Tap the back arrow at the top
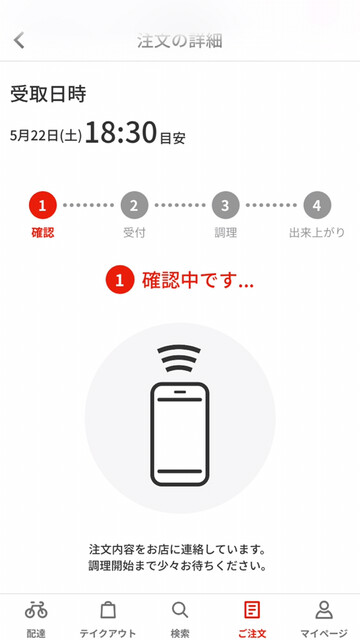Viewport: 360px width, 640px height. [x=19, y=41]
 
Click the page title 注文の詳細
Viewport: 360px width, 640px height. [x=180, y=41]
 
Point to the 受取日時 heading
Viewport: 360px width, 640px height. [x=48, y=95]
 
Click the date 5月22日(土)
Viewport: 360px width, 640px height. [x=46, y=136]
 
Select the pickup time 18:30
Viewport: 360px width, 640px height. [x=121, y=133]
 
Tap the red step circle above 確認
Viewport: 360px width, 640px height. [x=42, y=205]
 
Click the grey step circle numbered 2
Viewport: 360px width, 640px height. [x=134, y=205]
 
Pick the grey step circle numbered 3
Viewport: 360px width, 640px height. [x=225, y=205]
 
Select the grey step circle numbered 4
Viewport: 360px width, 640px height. [x=317, y=205]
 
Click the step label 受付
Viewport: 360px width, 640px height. [x=134, y=233]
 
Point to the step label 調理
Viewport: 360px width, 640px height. [x=225, y=233]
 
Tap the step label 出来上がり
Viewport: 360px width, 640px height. [x=317, y=233]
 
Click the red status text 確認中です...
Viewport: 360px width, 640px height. [x=198, y=280]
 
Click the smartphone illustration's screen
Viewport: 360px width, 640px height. [x=180, y=435]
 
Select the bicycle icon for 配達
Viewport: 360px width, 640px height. [x=36, y=610]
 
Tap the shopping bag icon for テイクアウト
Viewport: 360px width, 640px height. [x=108, y=610]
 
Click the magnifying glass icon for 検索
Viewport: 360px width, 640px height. [x=180, y=610]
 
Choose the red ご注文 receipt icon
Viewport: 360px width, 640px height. [x=252, y=610]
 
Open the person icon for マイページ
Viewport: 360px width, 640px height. [x=324, y=610]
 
